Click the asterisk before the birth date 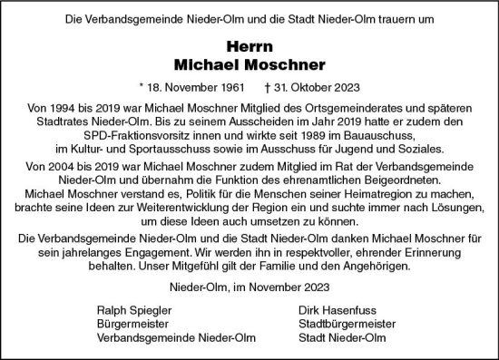[x=141, y=89]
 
